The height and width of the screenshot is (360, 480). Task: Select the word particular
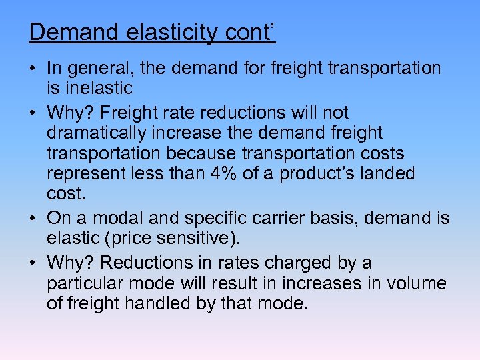[x=87, y=283]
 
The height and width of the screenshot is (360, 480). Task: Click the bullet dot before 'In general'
[x=33, y=69]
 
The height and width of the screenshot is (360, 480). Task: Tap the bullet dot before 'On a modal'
[x=33, y=219]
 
